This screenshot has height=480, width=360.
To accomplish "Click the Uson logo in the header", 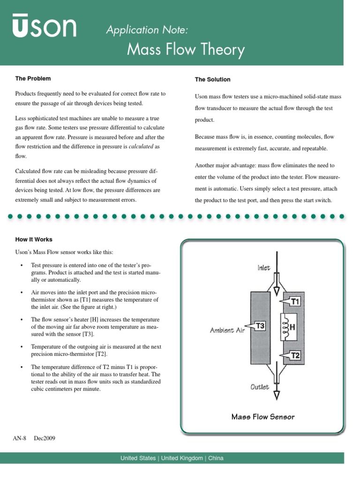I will click(44, 29).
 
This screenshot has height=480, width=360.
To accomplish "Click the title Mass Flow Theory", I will click(186, 50).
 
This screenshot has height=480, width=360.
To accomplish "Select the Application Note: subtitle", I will click(147, 30).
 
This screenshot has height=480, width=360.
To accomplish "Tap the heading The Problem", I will click(33, 79).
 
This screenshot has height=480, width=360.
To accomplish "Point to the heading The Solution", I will click(212, 80).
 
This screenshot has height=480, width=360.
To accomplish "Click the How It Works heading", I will click(34, 240).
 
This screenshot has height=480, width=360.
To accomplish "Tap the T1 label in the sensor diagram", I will click(295, 302).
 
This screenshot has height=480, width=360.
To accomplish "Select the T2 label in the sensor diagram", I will click(295, 356).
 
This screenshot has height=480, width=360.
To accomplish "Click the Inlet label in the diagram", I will click(263, 268).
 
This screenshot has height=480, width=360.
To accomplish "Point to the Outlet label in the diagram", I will click(260, 387).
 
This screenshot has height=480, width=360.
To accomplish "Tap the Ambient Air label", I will click(228, 330).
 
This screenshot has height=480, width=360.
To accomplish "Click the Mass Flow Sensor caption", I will click(263, 417).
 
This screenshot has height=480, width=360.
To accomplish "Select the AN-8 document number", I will click(20, 438).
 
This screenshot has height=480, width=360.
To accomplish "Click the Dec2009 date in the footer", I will click(45, 438).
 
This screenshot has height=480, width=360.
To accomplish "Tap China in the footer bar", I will click(215, 458).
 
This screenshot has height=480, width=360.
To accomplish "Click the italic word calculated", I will click(141, 147).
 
